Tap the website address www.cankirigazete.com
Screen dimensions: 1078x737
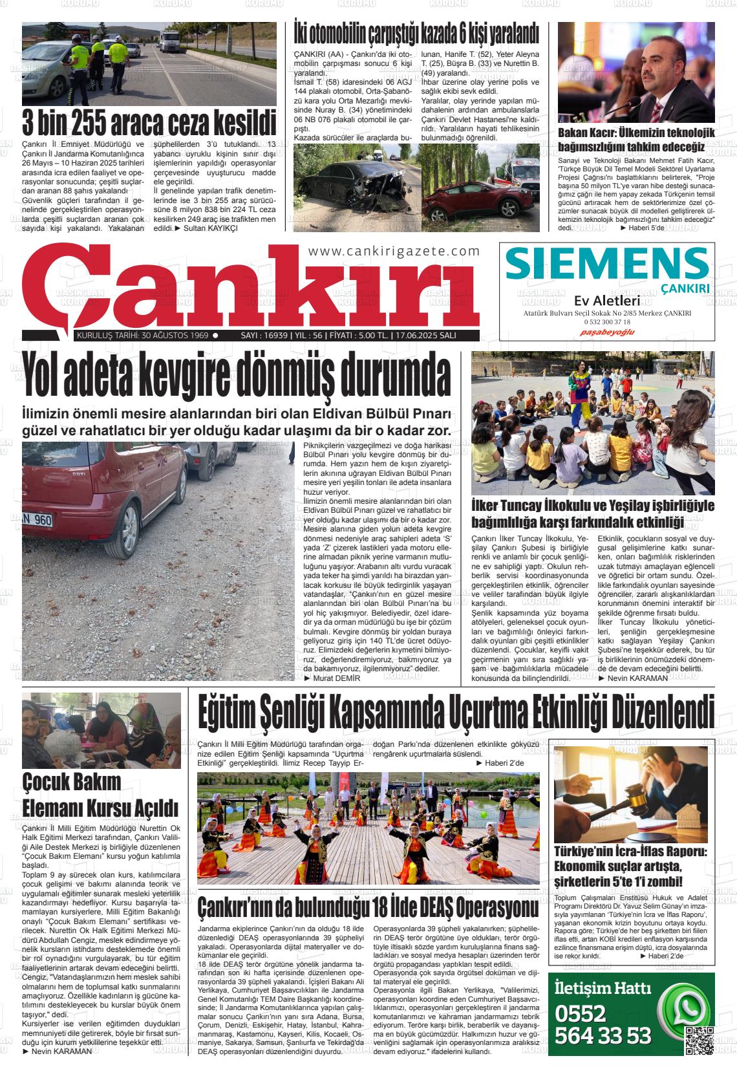point(394,252)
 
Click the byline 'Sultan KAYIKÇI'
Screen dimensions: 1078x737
point(211,228)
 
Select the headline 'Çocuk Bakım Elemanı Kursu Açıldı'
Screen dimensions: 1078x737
point(100,794)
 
